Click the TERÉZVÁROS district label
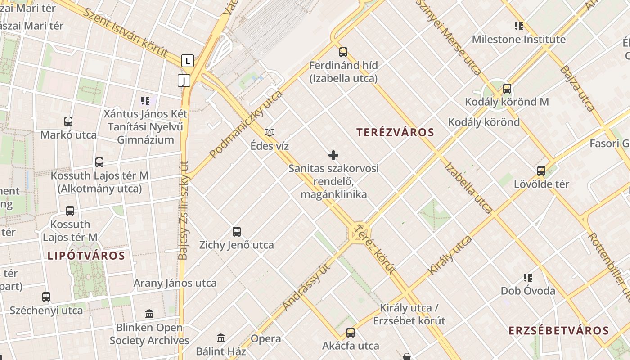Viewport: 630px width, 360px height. tap(395, 132)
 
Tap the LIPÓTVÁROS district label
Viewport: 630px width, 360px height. tap(86, 256)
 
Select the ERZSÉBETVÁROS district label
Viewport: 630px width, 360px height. tap(558, 331)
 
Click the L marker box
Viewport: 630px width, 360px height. tap(188, 60)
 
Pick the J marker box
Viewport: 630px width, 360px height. tap(184, 81)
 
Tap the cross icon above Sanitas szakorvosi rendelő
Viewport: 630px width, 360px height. tap(333, 155)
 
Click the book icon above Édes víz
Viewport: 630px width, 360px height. tap(270, 132)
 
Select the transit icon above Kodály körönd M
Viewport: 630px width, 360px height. tap(507, 88)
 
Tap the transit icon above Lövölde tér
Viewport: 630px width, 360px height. tap(541, 171)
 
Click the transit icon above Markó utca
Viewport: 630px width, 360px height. tap(68, 121)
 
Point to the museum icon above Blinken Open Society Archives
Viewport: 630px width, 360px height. tap(149, 314)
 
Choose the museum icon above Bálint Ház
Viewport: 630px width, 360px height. tap(221, 337)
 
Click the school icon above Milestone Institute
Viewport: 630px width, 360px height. tap(519, 26)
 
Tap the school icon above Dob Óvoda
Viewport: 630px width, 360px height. tap(528, 277)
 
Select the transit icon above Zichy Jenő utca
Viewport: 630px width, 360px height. tap(237, 231)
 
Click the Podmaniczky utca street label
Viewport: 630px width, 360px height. tap(246, 124)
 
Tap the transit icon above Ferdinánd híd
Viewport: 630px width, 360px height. tap(343, 52)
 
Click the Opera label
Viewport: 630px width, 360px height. tap(265, 338)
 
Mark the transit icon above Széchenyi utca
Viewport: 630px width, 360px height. tap(46, 297)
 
